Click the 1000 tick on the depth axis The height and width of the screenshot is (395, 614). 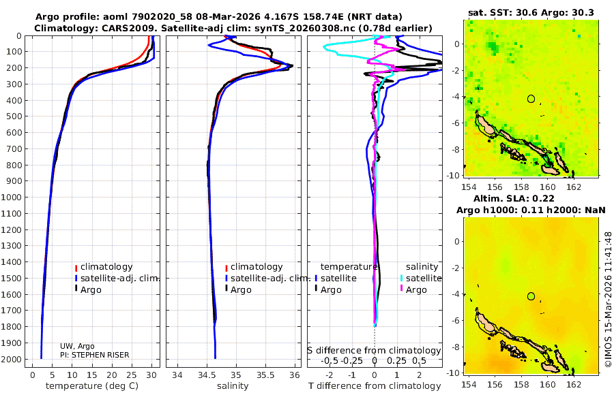pos(14,197)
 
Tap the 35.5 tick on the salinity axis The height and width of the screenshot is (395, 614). pos(265,374)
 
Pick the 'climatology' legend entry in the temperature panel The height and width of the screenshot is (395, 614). pos(106,267)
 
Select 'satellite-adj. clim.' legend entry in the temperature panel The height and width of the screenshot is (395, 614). pos(113,278)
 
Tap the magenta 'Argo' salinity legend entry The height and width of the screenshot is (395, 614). pos(416,289)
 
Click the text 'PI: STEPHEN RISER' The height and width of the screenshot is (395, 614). pos(94,354)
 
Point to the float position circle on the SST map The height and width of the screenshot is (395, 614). pos(531,99)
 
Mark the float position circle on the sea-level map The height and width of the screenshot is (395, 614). pos(531,296)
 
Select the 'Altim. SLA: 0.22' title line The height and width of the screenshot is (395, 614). pos(530,197)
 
